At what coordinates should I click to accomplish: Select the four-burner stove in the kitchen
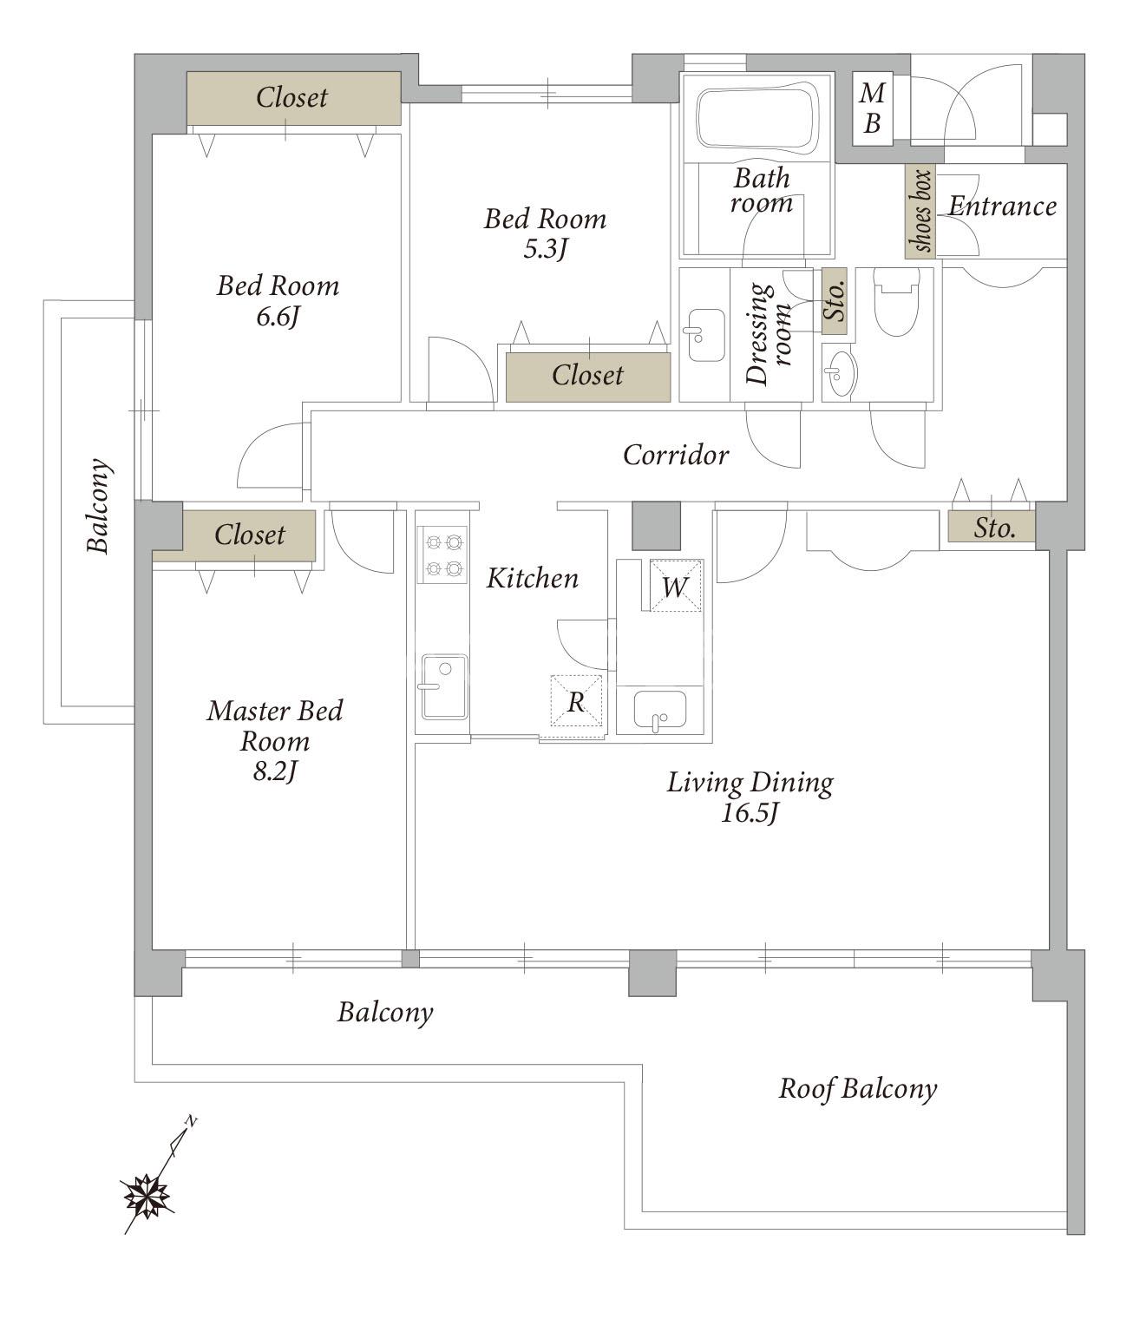pos(442,554)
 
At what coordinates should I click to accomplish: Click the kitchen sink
pos(442,686)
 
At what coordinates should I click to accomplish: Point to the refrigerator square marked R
pos(576,700)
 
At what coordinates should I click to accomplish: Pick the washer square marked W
pos(676,586)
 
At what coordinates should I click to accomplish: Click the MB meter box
pos(872,108)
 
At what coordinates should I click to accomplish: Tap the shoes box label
pos(920,211)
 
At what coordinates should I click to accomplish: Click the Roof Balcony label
pos(857,1089)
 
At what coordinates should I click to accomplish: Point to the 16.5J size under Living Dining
pos(750,814)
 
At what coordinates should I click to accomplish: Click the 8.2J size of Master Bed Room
pos(275,771)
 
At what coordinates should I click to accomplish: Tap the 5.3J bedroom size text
pos(546,249)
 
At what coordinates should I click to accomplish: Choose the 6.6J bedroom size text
pos(278,317)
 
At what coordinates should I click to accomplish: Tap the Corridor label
pos(676,455)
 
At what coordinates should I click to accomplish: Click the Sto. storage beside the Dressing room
pos(835,301)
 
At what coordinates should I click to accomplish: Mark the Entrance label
pos(1002,207)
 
